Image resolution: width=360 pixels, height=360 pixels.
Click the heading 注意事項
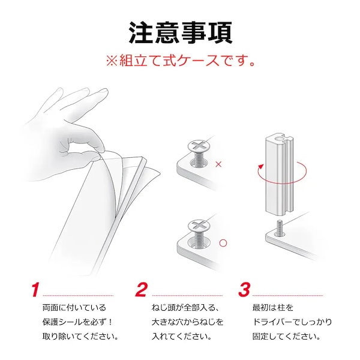point(181,33)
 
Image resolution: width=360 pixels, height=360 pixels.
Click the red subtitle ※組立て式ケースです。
point(181,61)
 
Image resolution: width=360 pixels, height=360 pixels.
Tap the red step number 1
point(35,290)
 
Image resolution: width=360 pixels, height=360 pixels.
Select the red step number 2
point(141,290)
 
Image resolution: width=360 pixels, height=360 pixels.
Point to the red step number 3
point(244,290)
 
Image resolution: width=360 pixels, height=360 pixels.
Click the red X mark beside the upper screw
point(218,164)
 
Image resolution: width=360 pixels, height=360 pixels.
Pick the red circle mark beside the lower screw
point(223,243)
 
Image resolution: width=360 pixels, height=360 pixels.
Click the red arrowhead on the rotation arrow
point(260,166)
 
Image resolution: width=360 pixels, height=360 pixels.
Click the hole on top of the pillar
point(279,139)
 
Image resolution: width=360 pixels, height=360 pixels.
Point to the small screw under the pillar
point(280,228)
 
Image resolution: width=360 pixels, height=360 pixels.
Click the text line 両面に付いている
point(74,307)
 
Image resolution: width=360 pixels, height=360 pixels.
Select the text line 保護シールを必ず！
point(77,322)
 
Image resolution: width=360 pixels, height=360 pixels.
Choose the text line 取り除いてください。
point(80,337)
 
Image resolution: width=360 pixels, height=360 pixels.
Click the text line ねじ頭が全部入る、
point(185,307)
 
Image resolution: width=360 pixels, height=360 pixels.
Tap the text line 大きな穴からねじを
point(187,322)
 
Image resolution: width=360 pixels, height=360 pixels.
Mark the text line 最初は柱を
point(273,307)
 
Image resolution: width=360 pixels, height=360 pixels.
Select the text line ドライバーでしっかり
point(292,322)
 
